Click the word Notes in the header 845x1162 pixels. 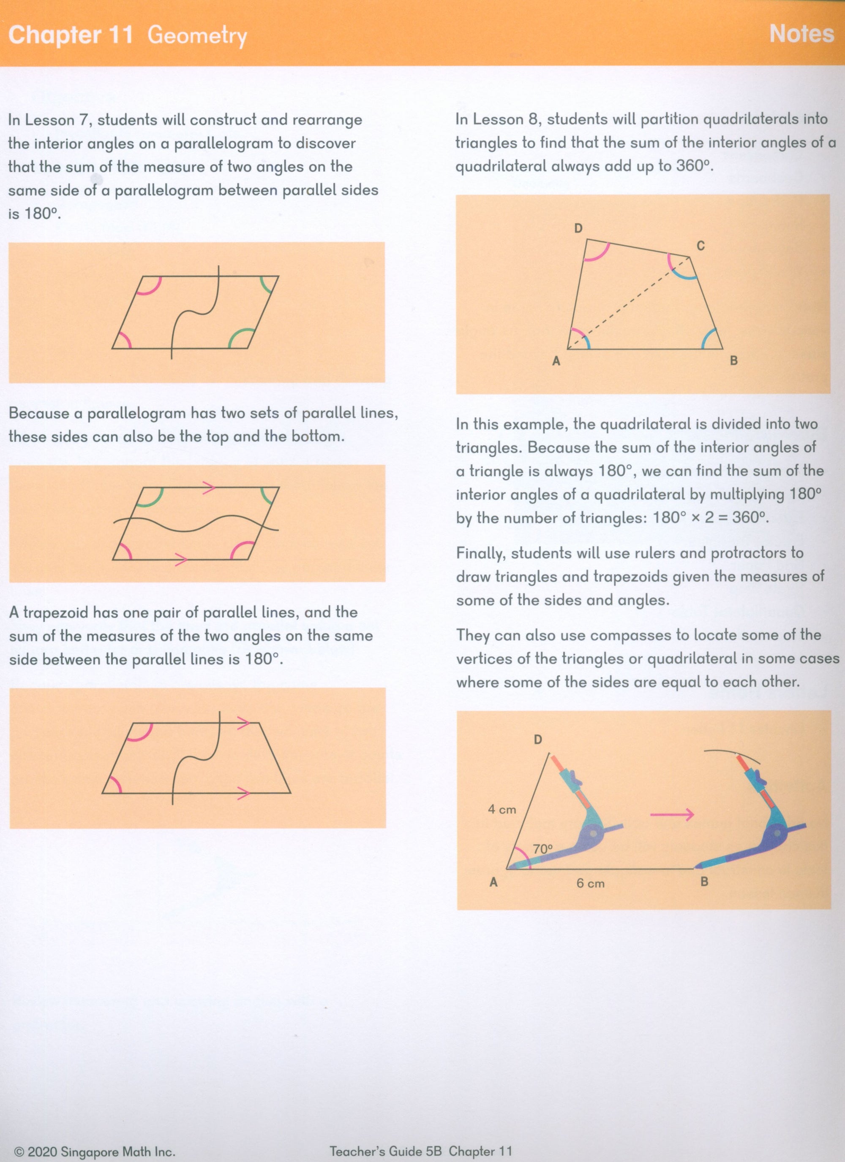coord(801,34)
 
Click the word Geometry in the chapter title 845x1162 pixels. coord(197,36)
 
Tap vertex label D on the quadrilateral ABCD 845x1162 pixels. coord(578,228)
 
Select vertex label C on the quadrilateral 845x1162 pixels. coord(701,246)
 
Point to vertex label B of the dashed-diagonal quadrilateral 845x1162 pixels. coord(734,361)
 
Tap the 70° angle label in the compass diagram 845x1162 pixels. coord(543,849)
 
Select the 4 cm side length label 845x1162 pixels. coord(502,810)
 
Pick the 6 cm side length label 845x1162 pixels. coord(590,883)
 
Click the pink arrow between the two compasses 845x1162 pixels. coord(672,814)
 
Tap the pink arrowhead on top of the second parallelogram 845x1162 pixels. coord(209,488)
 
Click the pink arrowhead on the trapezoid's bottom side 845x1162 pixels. coord(243,794)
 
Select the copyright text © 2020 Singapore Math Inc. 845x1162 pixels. coord(95,1152)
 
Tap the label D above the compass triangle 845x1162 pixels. coord(538,739)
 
